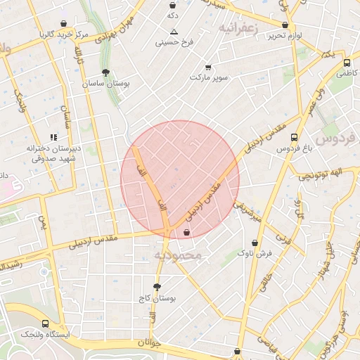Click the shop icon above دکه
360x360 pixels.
(172, 4)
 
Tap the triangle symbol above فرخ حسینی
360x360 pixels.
(174, 31)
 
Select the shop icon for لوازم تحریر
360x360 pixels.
(285, 25)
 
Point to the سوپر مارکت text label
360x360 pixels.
(208, 77)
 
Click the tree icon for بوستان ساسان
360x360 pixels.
(105, 72)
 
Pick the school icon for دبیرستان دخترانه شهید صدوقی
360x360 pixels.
(53, 138)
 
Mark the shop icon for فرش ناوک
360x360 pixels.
(255, 243)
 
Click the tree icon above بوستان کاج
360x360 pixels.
(156, 287)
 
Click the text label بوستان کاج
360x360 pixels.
(156, 299)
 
